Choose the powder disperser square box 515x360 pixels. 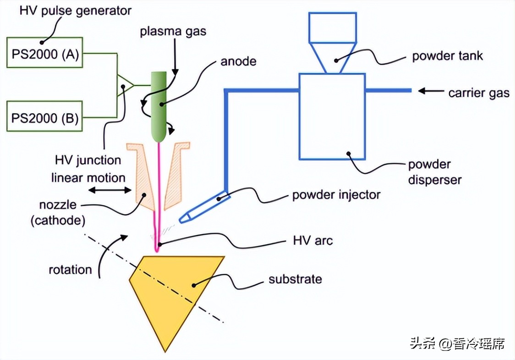pos(332,116)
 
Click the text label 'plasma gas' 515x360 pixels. pos(173,32)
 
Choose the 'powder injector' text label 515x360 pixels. pos(336,195)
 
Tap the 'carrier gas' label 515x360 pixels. pos(478,93)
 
